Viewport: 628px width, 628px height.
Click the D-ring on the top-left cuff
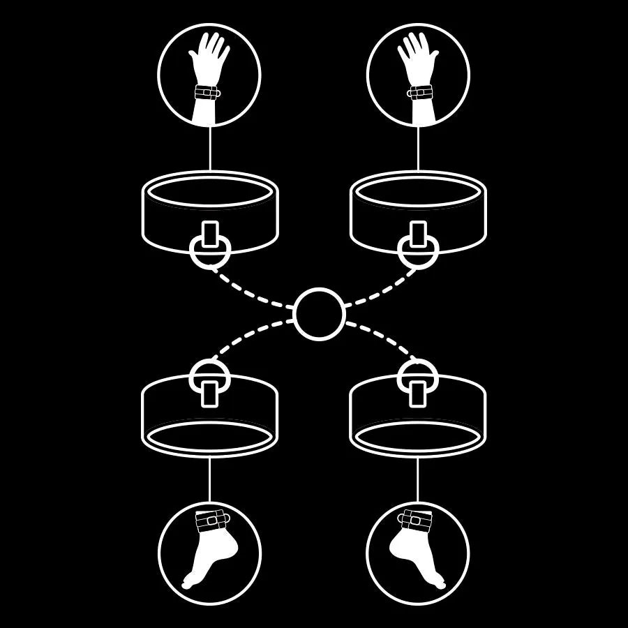click(209, 253)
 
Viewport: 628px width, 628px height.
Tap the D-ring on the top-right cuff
click(417, 253)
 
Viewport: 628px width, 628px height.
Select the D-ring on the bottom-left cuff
click(209, 376)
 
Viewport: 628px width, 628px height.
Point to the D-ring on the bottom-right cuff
click(417, 376)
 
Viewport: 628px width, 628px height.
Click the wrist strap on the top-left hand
click(207, 92)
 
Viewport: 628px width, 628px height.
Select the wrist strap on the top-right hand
click(421, 92)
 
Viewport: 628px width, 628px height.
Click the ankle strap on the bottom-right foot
click(417, 520)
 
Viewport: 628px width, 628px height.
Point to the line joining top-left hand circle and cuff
click(209, 149)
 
